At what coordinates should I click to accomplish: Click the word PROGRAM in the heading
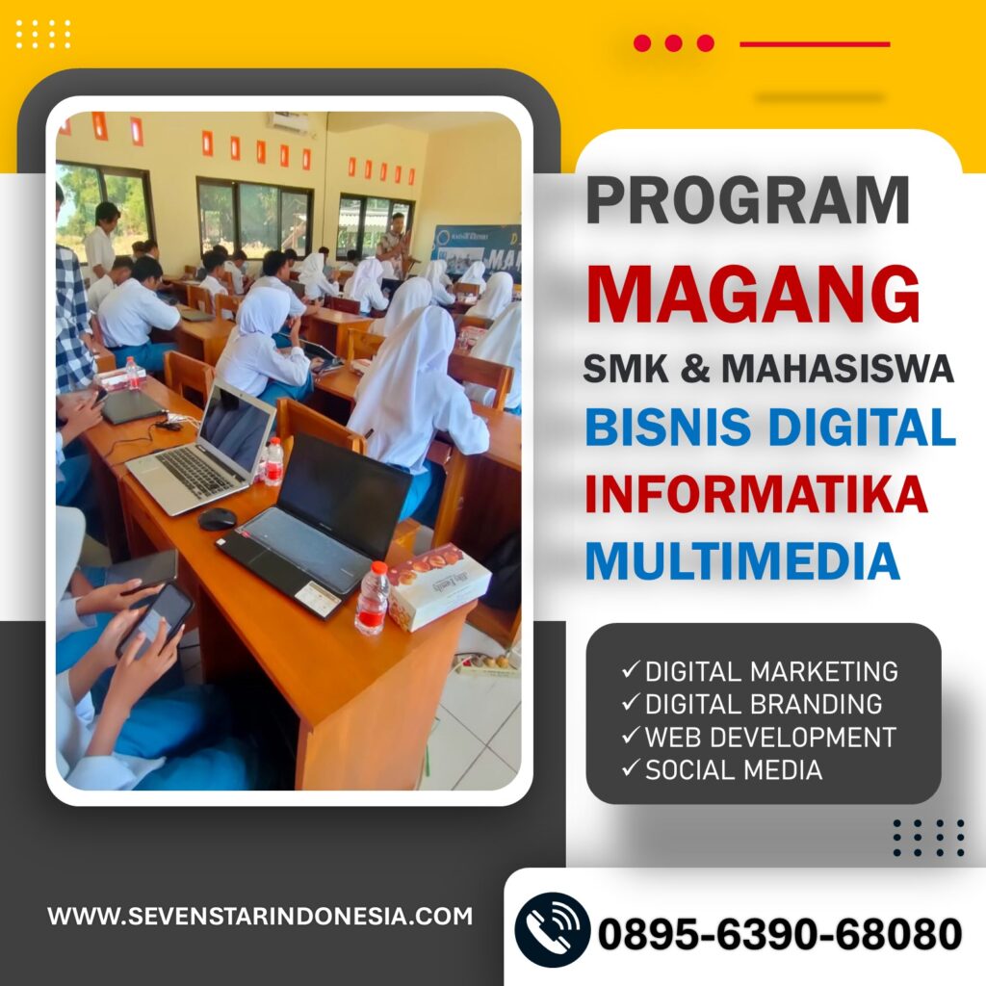click(x=747, y=200)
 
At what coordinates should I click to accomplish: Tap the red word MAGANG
click(x=753, y=295)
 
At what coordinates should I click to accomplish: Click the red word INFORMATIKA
click(x=756, y=494)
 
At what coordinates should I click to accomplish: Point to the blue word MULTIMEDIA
click(x=742, y=560)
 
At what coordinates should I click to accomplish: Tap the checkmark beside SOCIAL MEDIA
click(x=631, y=767)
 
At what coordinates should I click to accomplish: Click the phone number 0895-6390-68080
click(x=780, y=933)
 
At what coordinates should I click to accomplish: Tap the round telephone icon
click(x=552, y=930)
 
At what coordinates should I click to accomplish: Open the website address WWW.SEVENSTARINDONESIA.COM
click(x=260, y=916)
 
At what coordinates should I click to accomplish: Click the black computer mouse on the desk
click(x=217, y=519)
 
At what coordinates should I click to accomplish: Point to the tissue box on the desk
click(x=438, y=585)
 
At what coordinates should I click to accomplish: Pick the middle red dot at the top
click(x=673, y=42)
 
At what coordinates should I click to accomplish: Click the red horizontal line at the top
click(x=815, y=44)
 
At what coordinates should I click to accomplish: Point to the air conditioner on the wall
click(x=288, y=122)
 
